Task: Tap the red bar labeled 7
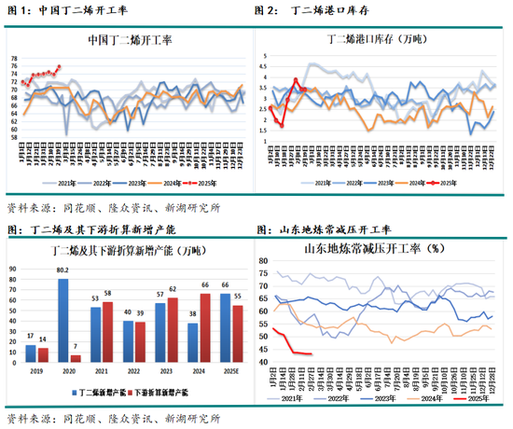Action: [x=75, y=358]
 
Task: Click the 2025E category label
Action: [x=229, y=371]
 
